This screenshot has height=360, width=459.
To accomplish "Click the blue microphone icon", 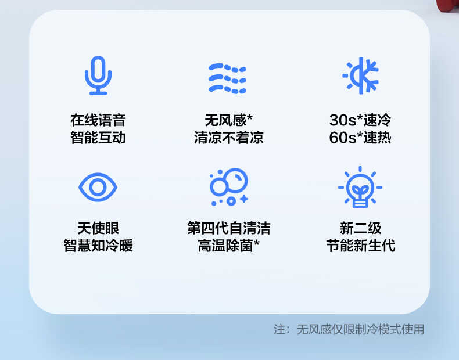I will tap(98, 75).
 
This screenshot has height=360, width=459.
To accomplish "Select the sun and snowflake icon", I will tap(360, 76).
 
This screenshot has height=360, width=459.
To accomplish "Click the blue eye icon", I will tap(98, 187).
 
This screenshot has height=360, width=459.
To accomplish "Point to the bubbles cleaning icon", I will tap(228, 187).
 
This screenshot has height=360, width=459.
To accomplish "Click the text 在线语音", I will tap(98, 120).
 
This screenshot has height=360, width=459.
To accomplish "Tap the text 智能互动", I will tap(98, 138).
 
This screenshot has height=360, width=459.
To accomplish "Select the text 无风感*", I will tap(228, 120).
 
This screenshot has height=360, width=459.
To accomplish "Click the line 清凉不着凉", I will tap(228, 138).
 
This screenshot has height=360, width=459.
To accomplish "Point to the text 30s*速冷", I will tap(360, 120).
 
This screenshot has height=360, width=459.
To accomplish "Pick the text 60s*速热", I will tap(360, 138).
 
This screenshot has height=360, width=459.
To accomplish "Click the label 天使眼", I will tap(98, 228).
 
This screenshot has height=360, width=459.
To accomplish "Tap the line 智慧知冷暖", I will tap(98, 245).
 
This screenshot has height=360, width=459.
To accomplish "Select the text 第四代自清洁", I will tap(228, 228).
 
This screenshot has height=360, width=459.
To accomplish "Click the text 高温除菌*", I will tap(228, 245).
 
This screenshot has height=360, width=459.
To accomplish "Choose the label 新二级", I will tap(360, 228).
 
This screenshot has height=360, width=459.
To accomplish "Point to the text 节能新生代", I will tap(360, 245).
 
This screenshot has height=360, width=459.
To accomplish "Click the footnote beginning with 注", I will tap(349, 330).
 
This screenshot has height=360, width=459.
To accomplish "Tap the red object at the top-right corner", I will tap(448, 6).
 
